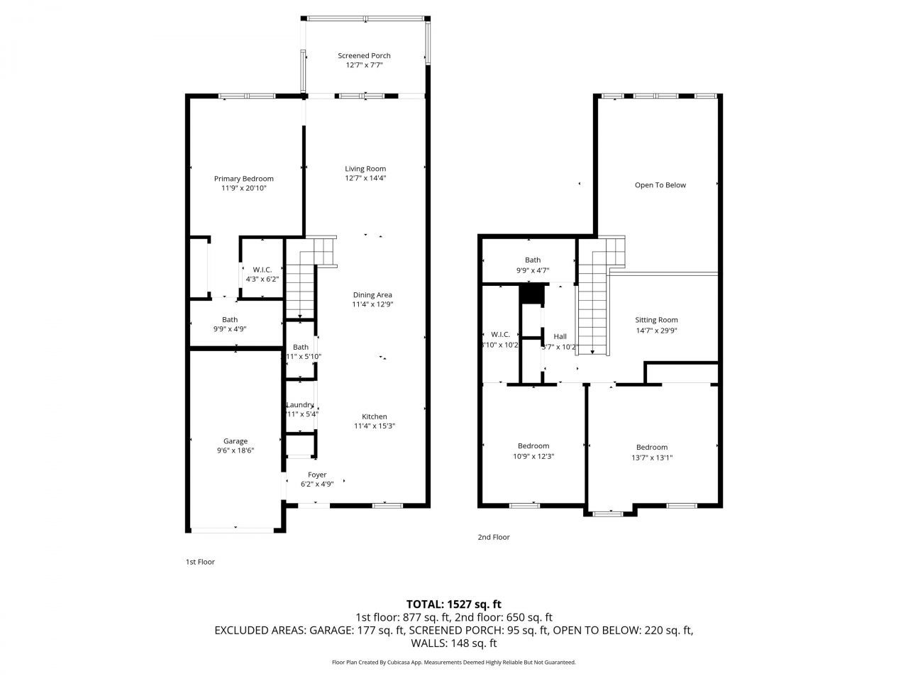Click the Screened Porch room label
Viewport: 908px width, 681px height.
364,56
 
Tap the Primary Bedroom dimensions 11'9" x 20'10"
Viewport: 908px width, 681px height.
244,188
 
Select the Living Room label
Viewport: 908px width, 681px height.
365,169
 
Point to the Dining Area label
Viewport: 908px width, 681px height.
372,295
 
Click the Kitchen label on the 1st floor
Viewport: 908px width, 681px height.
375,417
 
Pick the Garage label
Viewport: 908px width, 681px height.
236,441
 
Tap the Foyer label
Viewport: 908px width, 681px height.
317,475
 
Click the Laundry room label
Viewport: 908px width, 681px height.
301,405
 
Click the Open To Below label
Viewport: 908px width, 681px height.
660,185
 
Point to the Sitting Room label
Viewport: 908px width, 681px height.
656,320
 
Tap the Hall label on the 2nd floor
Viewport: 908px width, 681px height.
560,336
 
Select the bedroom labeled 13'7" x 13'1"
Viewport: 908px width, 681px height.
651,453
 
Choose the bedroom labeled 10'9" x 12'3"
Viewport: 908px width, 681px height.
533,451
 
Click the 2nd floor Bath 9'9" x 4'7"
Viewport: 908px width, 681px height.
533,265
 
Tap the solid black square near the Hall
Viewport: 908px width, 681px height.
530,294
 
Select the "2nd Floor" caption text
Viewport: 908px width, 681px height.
494,537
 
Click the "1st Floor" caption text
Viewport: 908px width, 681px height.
200,562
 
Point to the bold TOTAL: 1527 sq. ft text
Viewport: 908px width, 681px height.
453,604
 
